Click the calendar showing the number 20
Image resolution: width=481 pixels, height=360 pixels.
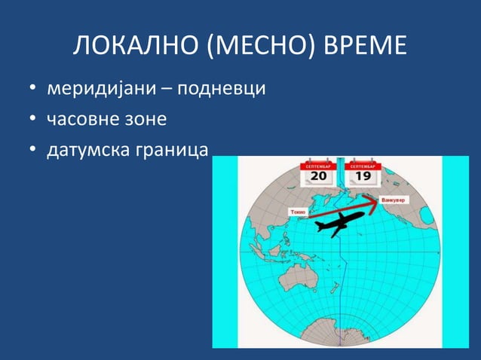click(318, 172)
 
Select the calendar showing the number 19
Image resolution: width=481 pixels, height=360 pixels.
click(362, 172)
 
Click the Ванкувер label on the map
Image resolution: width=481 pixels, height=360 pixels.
click(393, 200)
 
